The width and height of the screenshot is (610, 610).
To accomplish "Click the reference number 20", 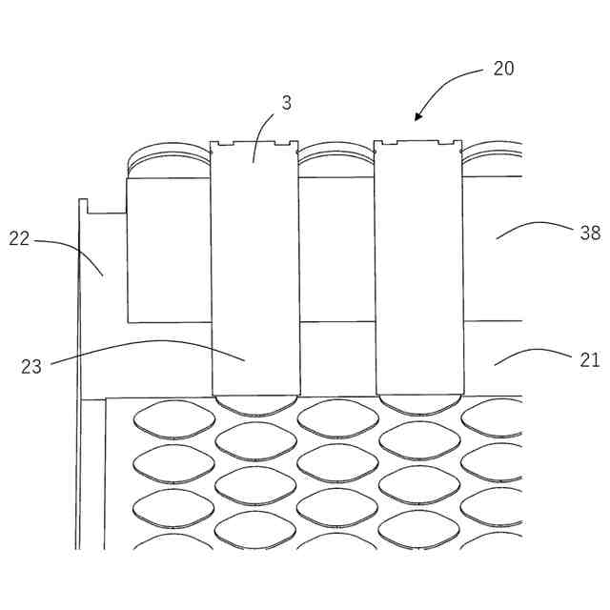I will coord(503,69).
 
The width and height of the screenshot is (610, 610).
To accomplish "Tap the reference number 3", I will coord(286,102).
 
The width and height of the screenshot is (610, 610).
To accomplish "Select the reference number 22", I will coord(20,239).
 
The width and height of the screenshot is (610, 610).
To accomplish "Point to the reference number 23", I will coord(31,366).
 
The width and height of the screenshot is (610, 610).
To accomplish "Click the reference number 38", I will coord(590,232).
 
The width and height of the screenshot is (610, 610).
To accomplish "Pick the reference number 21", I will coord(590,359).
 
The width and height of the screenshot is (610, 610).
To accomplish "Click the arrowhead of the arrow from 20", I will coord(417,118).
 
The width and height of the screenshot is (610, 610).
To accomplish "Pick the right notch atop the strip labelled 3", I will coord(283,145).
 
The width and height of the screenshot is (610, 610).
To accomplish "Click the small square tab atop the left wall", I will coord(83,205).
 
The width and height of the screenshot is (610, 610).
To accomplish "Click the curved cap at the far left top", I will coord(167,152).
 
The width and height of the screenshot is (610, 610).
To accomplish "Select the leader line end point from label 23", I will coord(245,359).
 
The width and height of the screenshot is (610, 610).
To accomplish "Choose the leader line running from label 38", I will coord(534,226).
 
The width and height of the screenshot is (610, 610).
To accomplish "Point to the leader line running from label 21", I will coord(534,353).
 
